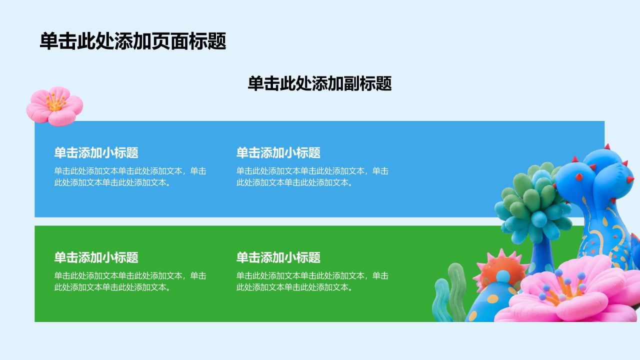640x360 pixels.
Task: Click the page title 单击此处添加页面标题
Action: click(x=133, y=41)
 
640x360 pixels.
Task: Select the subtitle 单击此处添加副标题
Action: click(x=319, y=83)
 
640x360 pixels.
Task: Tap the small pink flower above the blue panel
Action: click(x=54, y=106)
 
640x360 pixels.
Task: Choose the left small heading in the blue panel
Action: click(x=96, y=153)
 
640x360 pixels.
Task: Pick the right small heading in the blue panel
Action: click(x=278, y=153)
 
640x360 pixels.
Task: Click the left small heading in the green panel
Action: click(x=96, y=257)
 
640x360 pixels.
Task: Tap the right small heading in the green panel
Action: click(x=278, y=257)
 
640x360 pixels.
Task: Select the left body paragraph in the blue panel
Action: click(x=130, y=176)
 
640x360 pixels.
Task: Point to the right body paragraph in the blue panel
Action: click(x=312, y=176)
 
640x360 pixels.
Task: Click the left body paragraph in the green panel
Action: click(x=130, y=281)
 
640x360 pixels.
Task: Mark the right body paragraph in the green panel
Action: click(x=312, y=281)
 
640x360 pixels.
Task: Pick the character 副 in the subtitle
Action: click(x=351, y=83)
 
